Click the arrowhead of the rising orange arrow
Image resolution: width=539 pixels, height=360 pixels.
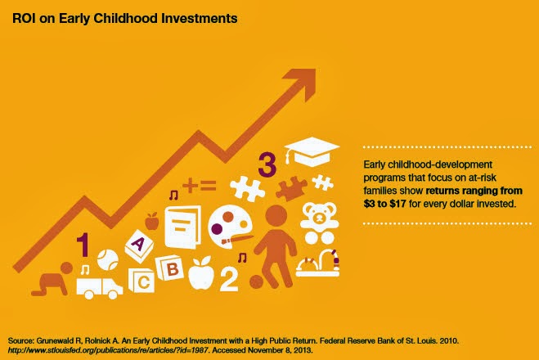[303, 82]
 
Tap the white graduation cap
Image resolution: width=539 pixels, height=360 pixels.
[312, 152]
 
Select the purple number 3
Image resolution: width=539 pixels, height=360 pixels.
[267, 165]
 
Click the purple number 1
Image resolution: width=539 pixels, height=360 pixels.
[83, 245]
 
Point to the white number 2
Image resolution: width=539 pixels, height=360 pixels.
[229, 279]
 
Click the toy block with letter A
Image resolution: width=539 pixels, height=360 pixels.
[139, 246]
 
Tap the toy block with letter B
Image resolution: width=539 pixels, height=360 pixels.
[170, 268]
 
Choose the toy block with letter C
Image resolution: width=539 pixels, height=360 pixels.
[141, 281]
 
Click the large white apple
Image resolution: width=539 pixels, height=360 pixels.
[201, 272]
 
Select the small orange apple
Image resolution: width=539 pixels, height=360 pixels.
[151, 221]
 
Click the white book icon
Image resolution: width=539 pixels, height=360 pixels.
[182, 227]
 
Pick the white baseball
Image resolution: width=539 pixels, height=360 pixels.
[108, 259]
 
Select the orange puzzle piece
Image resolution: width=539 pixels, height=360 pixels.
[291, 188]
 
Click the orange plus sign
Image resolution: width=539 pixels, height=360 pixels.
[190, 186]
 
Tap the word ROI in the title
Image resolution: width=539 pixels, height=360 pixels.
[24, 18]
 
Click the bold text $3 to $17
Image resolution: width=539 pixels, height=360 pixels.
[384, 204]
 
